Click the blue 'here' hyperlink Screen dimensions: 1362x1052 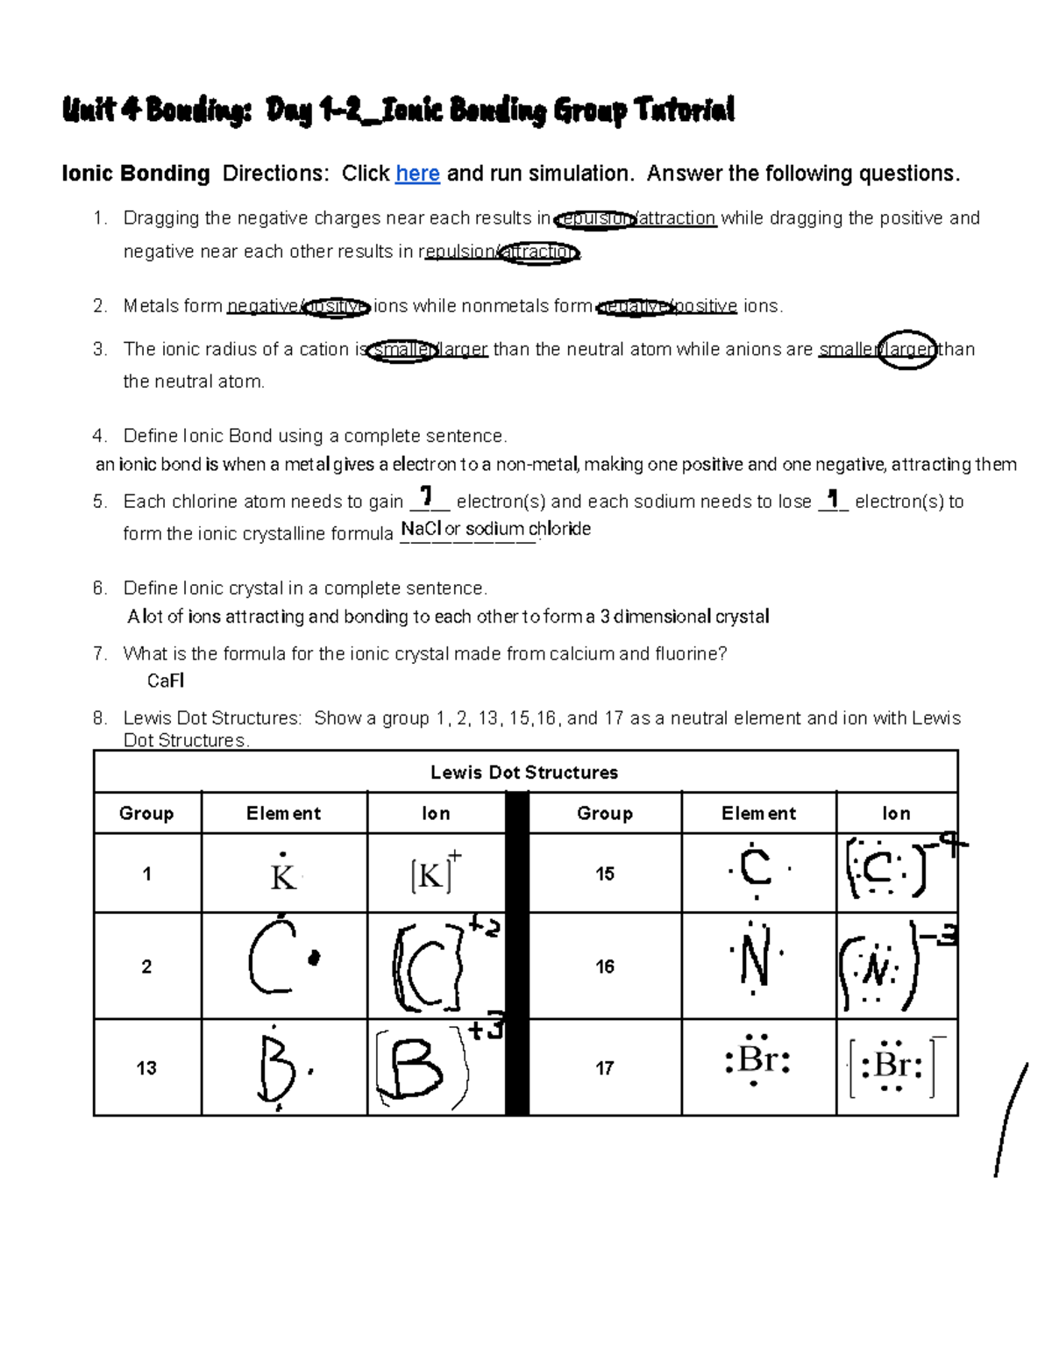click(417, 174)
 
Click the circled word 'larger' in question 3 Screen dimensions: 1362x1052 click(908, 350)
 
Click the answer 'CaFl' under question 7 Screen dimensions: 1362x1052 click(165, 681)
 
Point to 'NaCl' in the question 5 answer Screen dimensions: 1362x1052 click(421, 529)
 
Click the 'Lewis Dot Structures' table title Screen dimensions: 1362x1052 click(524, 773)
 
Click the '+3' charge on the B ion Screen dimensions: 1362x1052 click(486, 1030)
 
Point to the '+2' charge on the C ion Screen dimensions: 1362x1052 click(485, 926)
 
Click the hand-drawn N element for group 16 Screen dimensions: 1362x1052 click(755, 964)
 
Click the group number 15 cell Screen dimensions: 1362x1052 click(605, 874)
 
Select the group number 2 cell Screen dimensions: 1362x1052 click(146, 966)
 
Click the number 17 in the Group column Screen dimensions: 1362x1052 click(605, 1068)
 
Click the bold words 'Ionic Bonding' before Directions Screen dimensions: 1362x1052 click(136, 174)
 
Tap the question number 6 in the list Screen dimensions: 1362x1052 click(99, 588)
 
